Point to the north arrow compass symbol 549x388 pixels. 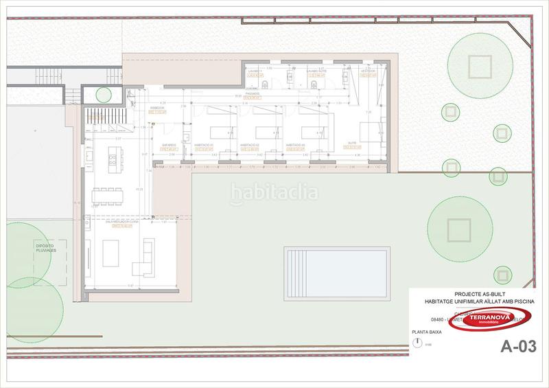click(419, 344)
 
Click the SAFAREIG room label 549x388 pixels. click(170, 145)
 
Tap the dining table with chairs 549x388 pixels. click(108, 193)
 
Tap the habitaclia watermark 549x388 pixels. click(274, 193)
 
